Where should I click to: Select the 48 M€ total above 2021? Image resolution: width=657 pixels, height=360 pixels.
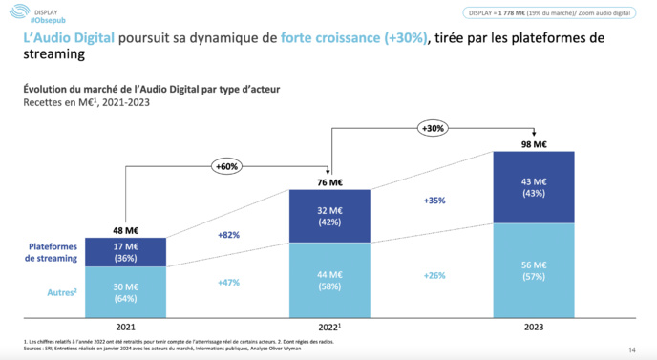point(125,229)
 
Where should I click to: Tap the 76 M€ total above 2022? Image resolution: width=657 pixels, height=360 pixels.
point(329,182)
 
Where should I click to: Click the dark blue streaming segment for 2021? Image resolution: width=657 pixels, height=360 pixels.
point(125,251)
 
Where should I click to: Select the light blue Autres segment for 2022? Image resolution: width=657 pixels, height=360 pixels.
point(329,280)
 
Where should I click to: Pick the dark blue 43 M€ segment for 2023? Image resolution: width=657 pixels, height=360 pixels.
point(534,186)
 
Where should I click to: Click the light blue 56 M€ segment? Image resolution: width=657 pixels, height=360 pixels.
point(534,269)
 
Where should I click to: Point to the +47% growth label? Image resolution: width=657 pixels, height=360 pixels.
point(227,283)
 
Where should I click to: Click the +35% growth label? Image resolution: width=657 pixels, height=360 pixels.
point(434,201)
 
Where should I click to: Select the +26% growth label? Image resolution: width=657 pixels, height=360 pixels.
point(434,275)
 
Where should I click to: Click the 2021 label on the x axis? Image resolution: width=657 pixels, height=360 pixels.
point(125,327)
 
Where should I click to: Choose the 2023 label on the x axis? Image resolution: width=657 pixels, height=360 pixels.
point(534,327)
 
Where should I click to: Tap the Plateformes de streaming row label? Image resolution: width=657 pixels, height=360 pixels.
point(52,252)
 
